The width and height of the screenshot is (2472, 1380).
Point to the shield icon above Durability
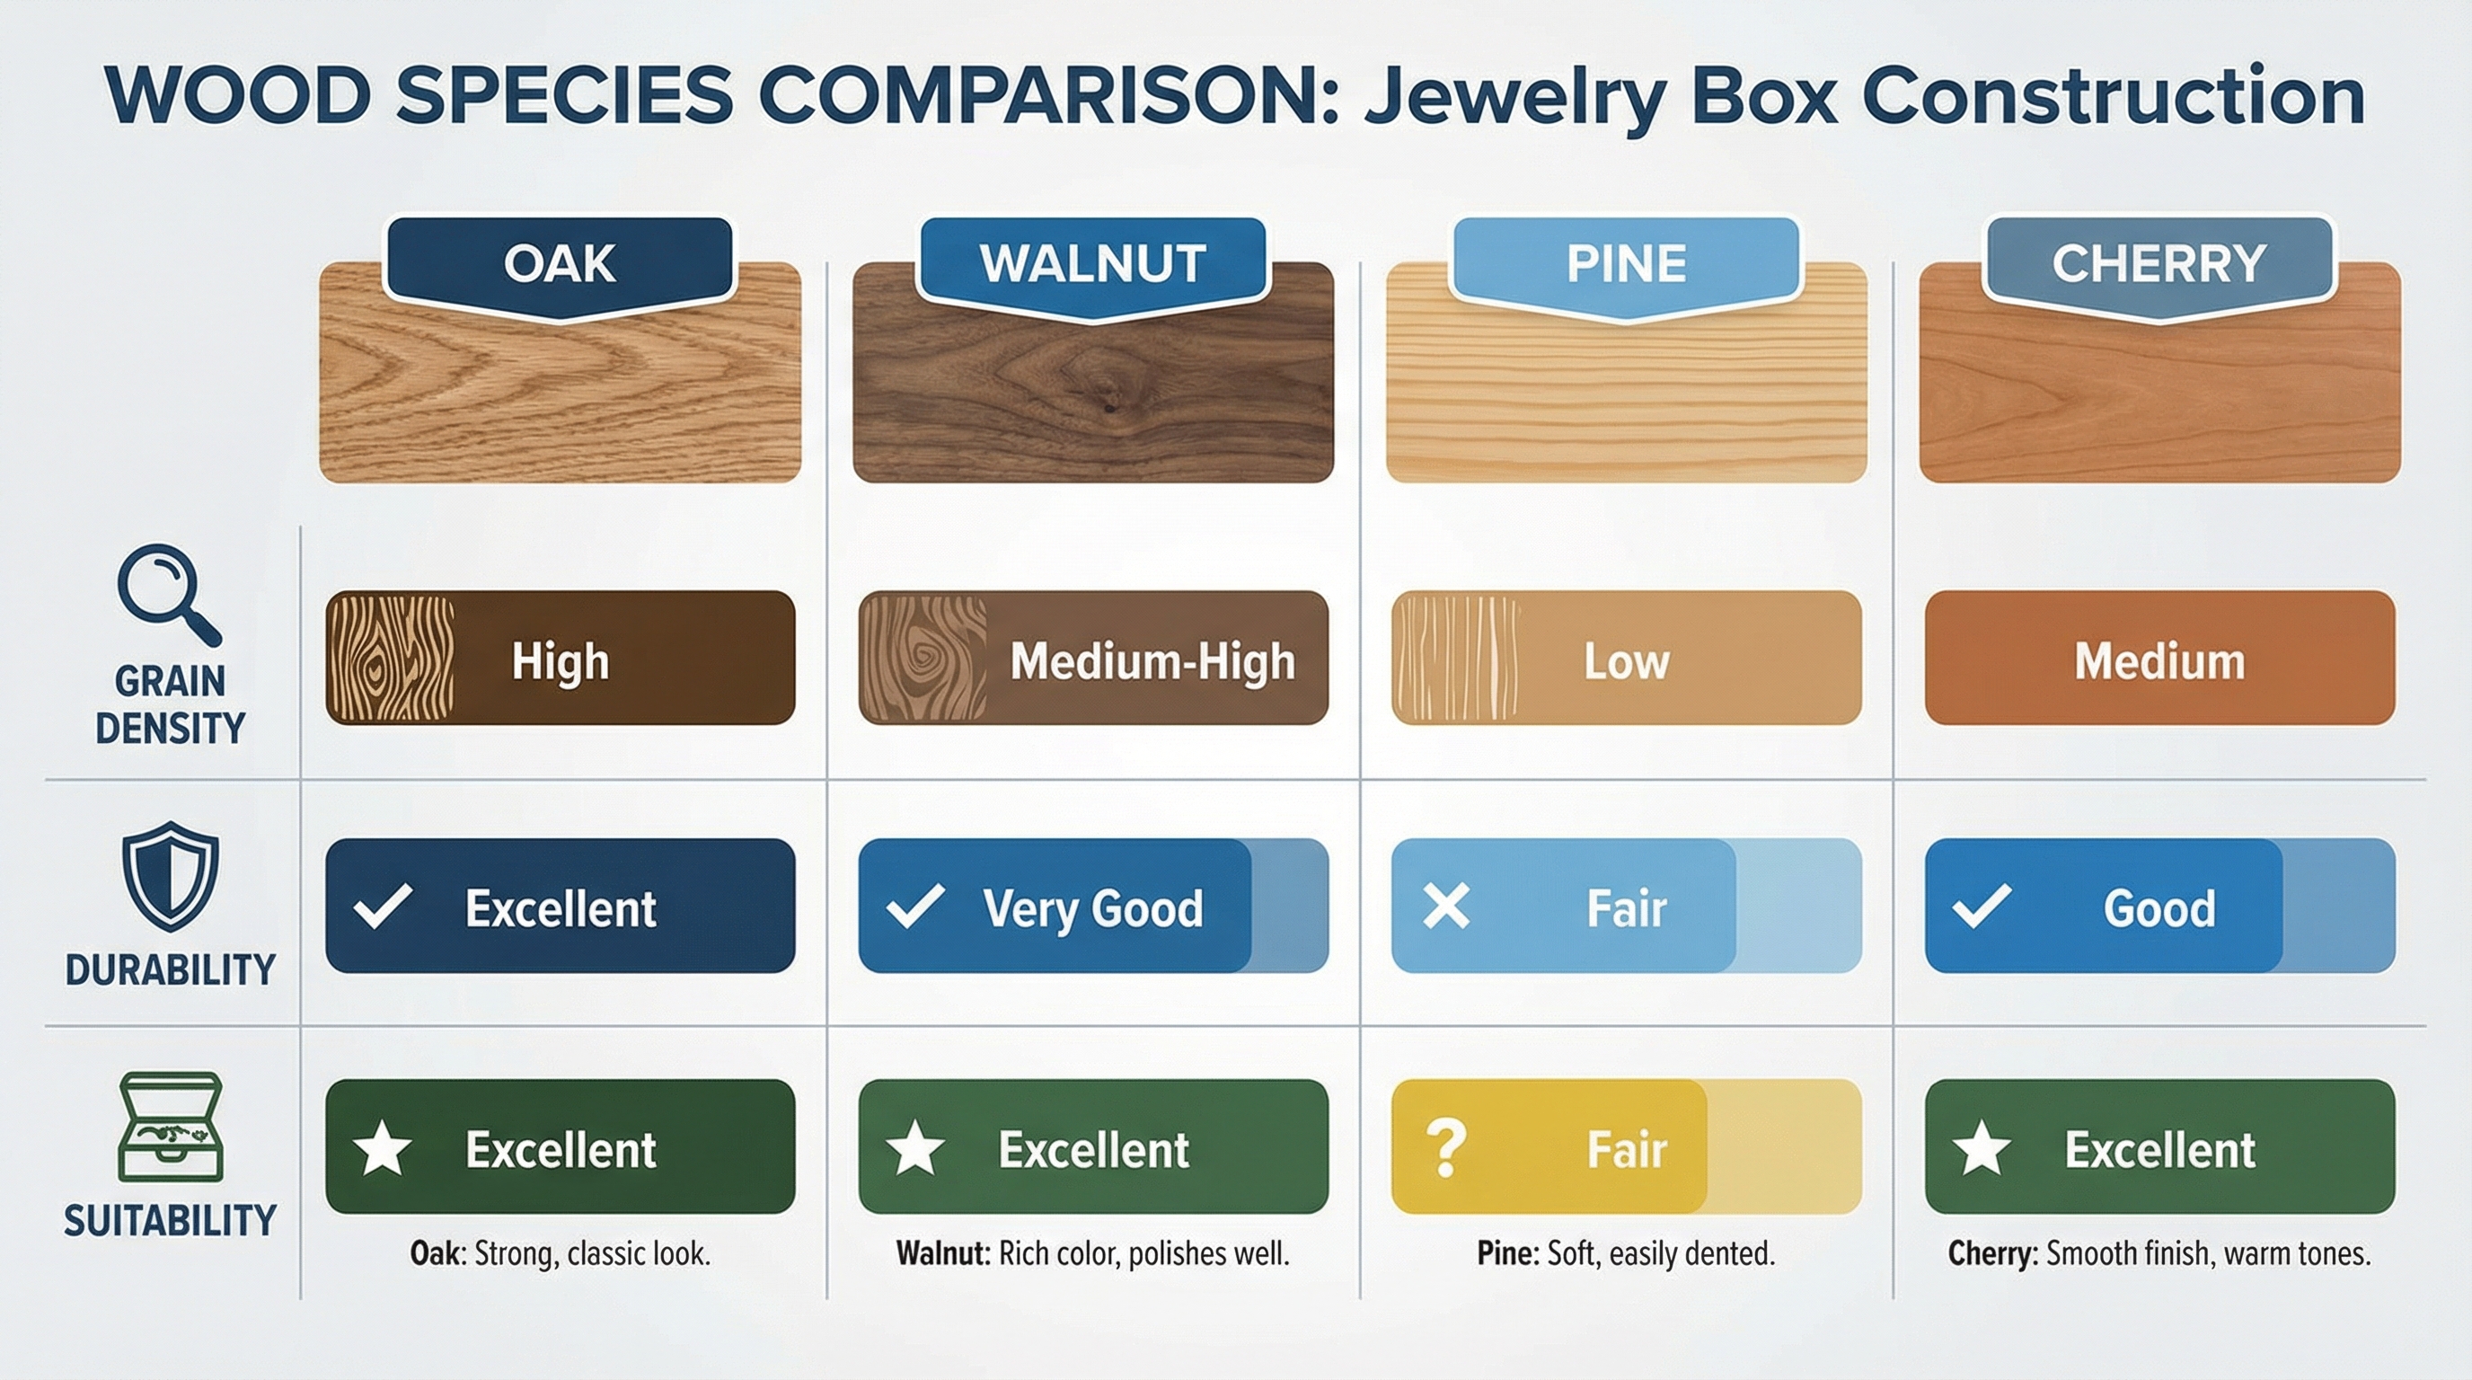click(x=171, y=875)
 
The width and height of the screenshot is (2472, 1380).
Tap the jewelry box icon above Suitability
click(x=171, y=1127)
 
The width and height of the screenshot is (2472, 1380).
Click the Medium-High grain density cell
click(x=1093, y=659)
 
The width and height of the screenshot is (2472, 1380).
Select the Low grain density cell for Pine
click(x=1627, y=659)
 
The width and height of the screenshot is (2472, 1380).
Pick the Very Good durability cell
click(x=1093, y=906)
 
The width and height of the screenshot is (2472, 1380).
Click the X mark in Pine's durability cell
click(x=1446, y=907)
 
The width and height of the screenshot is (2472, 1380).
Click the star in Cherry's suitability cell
click(x=1982, y=1149)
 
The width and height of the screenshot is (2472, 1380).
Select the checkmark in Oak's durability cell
click(x=383, y=907)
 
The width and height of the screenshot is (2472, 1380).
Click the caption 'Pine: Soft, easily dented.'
click(x=1627, y=1254)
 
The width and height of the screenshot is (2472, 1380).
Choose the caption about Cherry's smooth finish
click(x=2159, y=1254)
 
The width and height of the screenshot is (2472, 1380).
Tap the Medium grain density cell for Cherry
click(x=2160, y=659)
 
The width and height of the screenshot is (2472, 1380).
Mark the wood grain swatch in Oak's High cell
click(x=391, y=659)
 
